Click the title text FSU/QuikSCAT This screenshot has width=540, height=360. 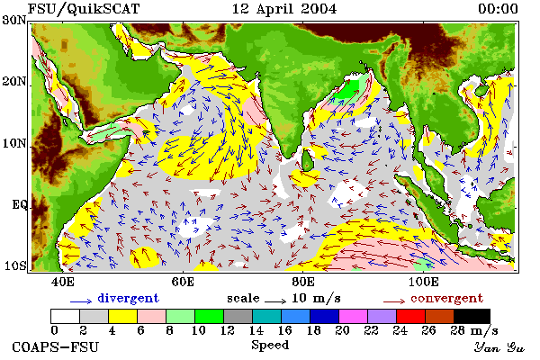pos(84,9)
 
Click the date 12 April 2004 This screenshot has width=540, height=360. pos(284,9)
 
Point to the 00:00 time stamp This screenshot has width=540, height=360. pos(498,9)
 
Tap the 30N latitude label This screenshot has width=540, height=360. pos(14,20)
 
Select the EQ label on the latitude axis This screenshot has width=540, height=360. pos(19,205)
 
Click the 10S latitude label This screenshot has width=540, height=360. pos(14,266)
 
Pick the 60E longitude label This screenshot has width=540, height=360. pos(183,282)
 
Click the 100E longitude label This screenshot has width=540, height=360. pos(423,282)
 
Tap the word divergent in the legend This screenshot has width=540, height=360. pos(128,298)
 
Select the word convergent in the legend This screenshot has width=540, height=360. pos(446,298)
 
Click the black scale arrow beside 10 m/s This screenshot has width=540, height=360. pos(275,301)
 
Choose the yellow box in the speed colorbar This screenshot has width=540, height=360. pos(122,316)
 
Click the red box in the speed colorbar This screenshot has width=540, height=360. pos(410,316)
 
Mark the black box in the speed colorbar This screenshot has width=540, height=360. pos(472,316)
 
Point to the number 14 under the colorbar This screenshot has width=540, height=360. pos(256,330)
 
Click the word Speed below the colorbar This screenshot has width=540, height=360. pos(270,346)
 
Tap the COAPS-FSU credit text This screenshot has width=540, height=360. pos(56,346)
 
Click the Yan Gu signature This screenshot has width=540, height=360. pos(499,347)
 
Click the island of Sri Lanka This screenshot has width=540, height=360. pos(307,160)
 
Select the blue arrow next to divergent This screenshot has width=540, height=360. pos(81,301)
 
